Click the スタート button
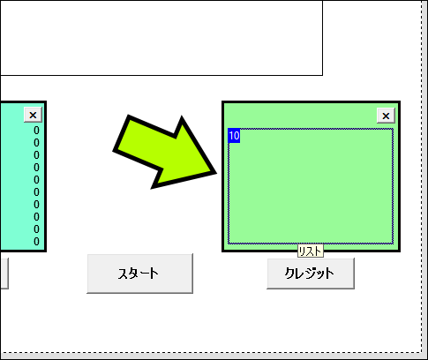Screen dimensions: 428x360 coord(139,274)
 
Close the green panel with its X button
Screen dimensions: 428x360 coord(386,116)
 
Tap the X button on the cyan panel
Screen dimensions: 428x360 coord(33,115)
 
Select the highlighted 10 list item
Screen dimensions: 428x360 coord(234,136)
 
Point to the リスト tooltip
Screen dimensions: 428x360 coord(311,251)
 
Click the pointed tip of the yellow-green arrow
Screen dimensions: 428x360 coord(216,173)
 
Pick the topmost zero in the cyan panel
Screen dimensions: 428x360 coord(36,131)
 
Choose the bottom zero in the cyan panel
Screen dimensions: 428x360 coord(36,242)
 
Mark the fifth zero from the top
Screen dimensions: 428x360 coord(36,180)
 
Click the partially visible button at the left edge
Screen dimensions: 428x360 coord(4,274)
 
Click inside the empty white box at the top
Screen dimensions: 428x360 coord(161,38)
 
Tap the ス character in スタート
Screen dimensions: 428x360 coord(124,274)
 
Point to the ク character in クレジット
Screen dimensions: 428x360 coord(290,273)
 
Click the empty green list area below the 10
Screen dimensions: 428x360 coord(311,192)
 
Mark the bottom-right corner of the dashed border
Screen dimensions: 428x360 coord(422,352)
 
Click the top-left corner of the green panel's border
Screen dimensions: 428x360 coord(222,102)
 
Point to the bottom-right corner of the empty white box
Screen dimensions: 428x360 coord(323,75)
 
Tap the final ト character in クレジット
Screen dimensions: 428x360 coord(329,274)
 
